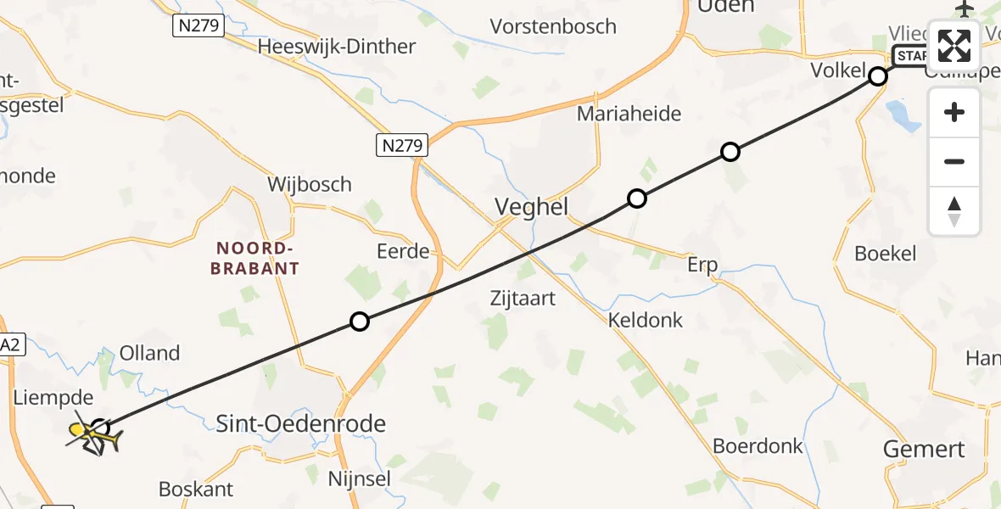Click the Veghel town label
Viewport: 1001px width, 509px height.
point(531,206)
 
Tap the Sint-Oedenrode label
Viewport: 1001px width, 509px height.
point(301,423)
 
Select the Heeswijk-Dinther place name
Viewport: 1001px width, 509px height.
point(337,47)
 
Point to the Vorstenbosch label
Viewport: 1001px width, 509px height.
point(553,26)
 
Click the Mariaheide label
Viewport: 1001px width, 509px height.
point(629,114)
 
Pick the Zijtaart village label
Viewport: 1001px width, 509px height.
point(523,298)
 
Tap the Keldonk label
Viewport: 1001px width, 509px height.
point(646,320)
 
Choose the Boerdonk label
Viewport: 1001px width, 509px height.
point(753,445)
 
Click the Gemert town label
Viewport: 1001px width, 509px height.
point(924,449)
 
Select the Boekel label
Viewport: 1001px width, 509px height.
point(886,253)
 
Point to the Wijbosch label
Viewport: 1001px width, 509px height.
point(309,184)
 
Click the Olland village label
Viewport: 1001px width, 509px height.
point(150,353)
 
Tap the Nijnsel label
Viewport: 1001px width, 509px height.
point(360,479)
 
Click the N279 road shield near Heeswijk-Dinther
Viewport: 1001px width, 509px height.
point(199,26)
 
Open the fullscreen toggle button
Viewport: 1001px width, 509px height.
point(954,46)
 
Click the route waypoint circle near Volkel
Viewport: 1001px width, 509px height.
point(878,77)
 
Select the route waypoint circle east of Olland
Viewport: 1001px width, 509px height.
point(360,322)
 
